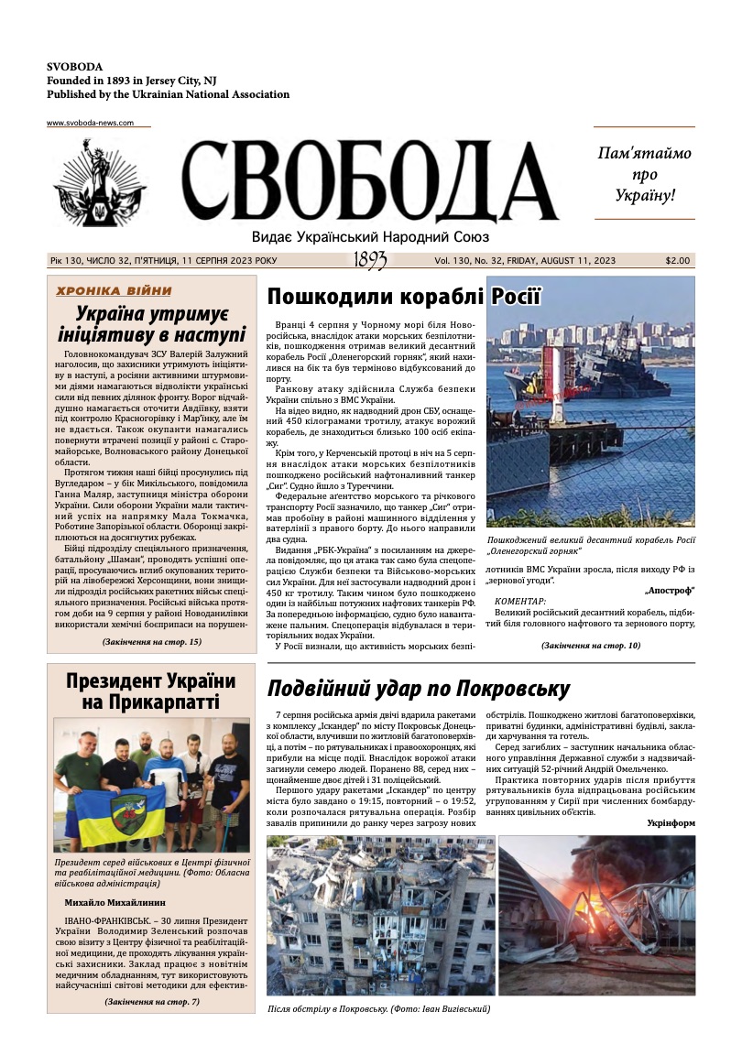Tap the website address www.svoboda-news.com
90,123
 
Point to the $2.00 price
678,261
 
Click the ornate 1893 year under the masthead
370,261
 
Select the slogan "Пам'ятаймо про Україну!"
644,174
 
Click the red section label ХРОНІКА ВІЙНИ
114,291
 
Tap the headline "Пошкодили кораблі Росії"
404,297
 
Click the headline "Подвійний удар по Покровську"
418,688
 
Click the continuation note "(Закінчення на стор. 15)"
151,641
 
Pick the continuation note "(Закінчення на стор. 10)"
591,646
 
